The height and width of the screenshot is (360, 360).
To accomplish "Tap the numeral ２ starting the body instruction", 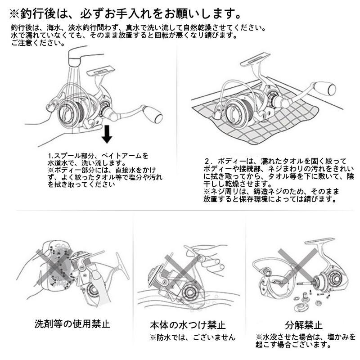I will click(207, 161).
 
